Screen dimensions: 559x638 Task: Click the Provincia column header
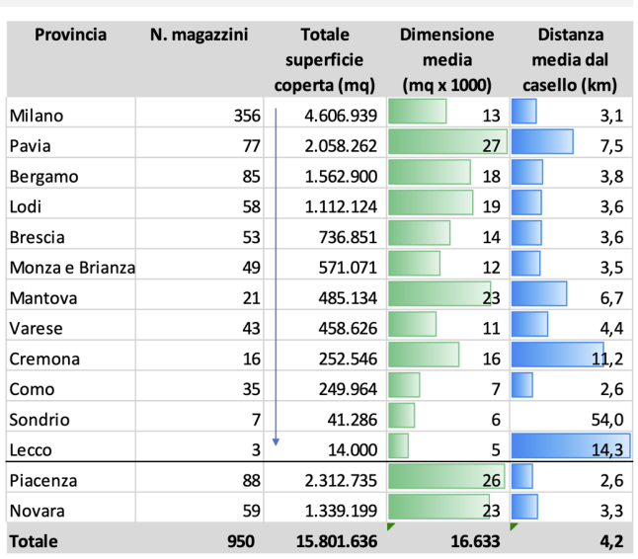click(x=70, y=36)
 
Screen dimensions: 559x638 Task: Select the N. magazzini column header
click(x=199, y=36)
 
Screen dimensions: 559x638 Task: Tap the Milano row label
click(x=36, y=116)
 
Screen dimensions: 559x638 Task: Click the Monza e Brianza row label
click(x=72, y=268)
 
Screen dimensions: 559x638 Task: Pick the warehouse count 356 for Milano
click(x=244, y=116)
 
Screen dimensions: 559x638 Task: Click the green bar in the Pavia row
click(x=447, y=142)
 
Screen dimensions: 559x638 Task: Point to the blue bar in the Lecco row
click(x=571, y=446)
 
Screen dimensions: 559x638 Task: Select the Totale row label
click(x=34, y=541)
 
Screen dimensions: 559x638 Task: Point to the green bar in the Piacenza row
click(x=446, y=477)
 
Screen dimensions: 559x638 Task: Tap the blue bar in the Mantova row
click(x=539, y=294)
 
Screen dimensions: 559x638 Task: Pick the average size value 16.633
click(x=475, y=541)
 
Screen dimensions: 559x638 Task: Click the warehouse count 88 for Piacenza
click(x=250, y=481)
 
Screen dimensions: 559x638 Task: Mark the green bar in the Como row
click(x=405, y=385)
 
